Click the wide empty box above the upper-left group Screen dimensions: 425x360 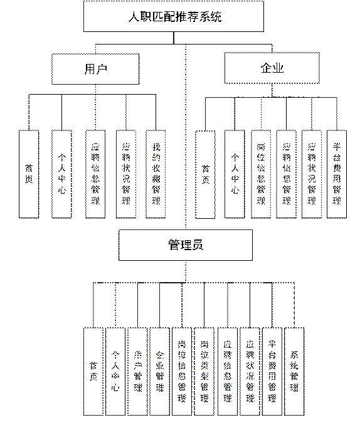[x=95, y=69]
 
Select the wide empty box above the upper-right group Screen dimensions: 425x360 [x=272, y=68]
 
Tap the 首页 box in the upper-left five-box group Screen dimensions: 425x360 [x=29, y=174]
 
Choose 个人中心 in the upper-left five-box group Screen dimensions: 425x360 [x=61, y=174]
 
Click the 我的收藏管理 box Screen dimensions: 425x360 [x=156, y=174]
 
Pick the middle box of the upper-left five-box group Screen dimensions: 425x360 [x=95, y=174]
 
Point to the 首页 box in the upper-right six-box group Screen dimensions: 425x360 [x=205, y=174]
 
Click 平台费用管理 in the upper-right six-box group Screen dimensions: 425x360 [x=337, y=174]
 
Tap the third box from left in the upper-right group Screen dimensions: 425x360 [x=262, y=174]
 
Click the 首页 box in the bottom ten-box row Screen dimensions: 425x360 [x=93, y=371]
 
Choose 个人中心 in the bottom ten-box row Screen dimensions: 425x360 [x=115, y=371]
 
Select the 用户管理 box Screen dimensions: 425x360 [x=137, y=371]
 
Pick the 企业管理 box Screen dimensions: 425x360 [x=160, y=371]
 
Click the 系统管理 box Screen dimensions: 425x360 [x=295, y=371]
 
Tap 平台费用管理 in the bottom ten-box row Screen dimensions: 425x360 [x=272, y=371]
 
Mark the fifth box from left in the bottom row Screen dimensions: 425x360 [x=182, y=371]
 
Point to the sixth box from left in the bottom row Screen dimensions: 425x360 [x=204, y=371]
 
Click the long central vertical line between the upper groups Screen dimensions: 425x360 [x=186, y=138]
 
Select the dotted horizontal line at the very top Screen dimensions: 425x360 [x=176, y=2]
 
